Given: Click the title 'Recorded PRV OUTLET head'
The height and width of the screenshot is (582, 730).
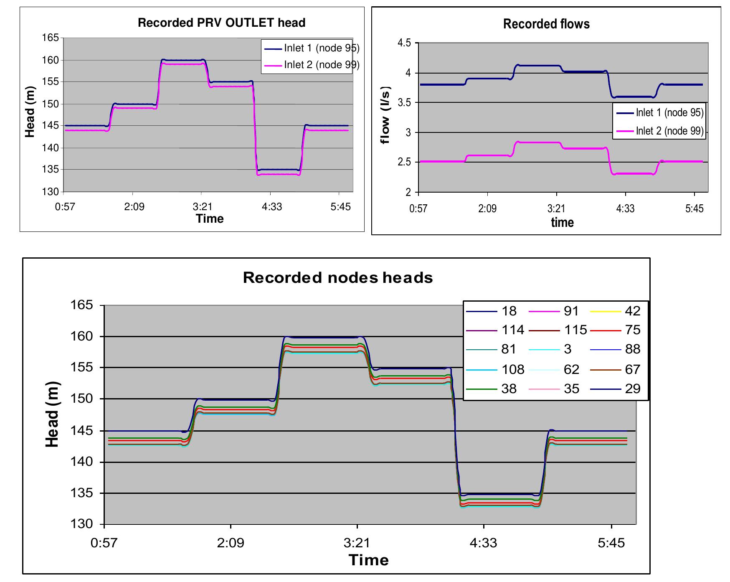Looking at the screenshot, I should tap(221, 23).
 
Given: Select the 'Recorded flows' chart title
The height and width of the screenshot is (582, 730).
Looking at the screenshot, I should tap(546, 24).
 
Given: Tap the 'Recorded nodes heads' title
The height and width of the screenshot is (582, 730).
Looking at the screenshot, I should tap(338, 278).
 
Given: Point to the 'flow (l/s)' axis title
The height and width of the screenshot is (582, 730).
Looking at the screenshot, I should tap(385, 115).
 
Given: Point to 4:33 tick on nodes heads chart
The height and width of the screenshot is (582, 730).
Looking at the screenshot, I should tap(484, 543).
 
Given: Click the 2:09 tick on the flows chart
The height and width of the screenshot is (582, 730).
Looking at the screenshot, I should tap(487, 208).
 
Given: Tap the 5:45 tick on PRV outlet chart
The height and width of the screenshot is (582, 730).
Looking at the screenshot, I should tap(340, 207).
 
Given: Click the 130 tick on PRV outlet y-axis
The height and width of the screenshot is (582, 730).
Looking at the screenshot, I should tap(52, 192).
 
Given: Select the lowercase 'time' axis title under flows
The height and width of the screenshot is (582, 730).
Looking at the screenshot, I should tap(562, 222).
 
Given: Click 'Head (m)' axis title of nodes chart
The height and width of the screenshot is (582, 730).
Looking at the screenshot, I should tap(52, 414).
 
